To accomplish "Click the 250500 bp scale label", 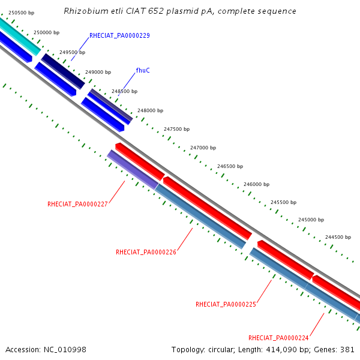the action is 22,13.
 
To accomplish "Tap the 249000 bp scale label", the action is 98,72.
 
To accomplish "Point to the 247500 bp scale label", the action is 176,129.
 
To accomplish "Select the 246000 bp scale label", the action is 256,184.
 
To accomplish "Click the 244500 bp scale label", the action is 338,237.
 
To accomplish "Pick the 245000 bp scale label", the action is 311,220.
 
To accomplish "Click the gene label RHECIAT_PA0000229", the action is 119,35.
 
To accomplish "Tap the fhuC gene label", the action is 143,70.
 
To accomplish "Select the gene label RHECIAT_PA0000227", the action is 77,204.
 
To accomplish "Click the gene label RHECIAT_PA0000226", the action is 146,252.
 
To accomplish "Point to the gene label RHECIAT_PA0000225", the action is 226,304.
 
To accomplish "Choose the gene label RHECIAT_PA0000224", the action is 278,338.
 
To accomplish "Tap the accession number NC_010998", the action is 65,350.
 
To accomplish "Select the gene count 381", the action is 347,350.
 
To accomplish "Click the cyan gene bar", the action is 20,36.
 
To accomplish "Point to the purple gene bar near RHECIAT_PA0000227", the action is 133,170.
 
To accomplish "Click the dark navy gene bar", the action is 63,71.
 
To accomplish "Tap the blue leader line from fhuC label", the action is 127,84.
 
